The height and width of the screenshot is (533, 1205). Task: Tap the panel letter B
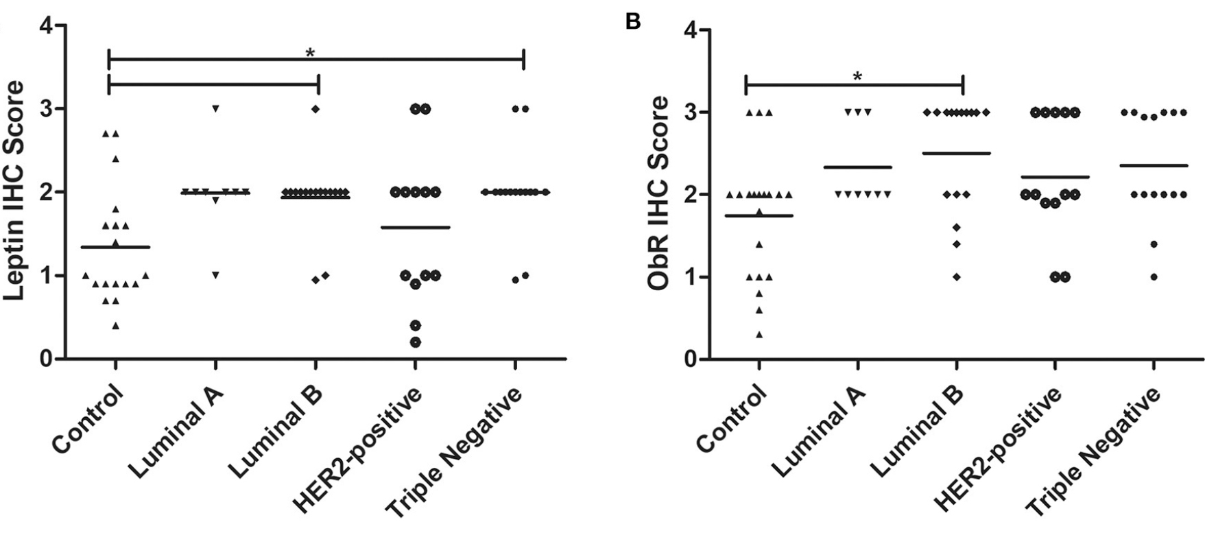tap(633, 23)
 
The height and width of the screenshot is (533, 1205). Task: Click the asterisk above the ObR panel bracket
tap(857, 78)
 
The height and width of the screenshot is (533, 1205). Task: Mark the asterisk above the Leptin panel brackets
tap(310, 54)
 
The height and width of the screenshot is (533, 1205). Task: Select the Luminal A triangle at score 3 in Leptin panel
tap(215, 108)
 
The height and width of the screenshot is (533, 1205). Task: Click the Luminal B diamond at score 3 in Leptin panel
tap(316, 108)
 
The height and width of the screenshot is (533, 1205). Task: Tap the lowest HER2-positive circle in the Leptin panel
tap(416, 342)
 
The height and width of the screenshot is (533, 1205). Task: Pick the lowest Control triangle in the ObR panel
tap(759, 335)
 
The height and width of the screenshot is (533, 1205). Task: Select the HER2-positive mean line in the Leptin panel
tap(416, 227)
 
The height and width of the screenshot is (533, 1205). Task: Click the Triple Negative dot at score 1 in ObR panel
tap(1154, 277)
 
